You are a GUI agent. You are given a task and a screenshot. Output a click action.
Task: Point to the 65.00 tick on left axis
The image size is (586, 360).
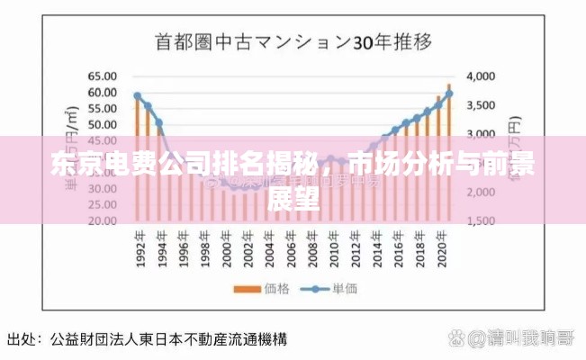(x=101, y=76)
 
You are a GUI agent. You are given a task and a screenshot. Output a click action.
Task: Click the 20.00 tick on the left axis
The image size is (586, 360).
(x=101, y=220)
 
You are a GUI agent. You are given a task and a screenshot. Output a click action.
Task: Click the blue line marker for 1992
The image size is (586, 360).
(x=137, y=96)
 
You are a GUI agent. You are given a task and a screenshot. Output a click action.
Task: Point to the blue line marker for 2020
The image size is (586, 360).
(x=449, y=94)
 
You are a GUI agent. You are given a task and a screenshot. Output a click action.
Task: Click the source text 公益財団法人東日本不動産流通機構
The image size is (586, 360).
(x=168, y=340)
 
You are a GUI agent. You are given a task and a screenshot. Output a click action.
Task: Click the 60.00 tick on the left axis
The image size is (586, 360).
(x=101, y=92)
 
